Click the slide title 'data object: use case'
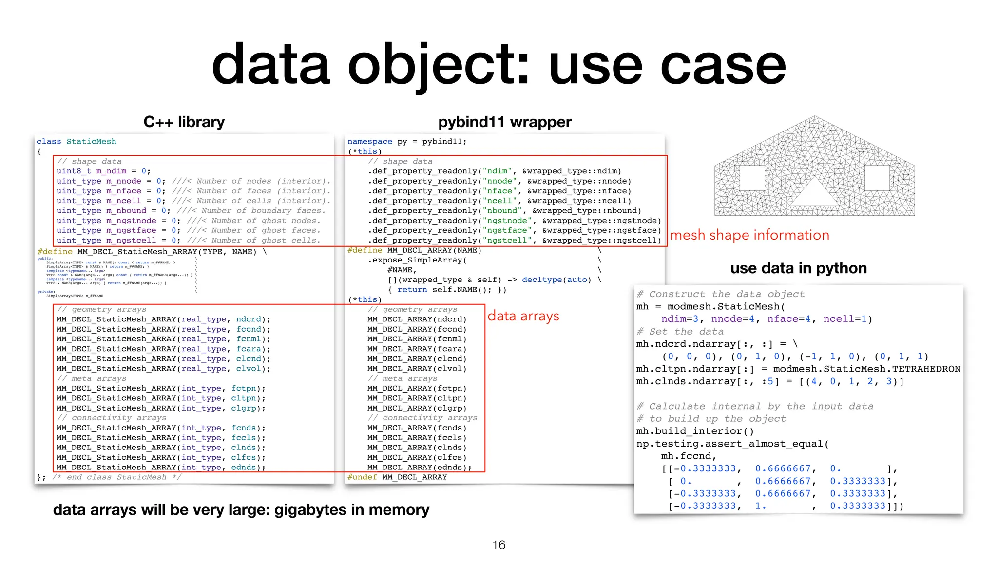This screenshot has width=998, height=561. [499, 66]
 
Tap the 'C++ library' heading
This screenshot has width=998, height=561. [184, 122]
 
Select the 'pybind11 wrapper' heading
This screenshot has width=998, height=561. [504, 122]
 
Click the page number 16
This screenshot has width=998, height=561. [499, 545]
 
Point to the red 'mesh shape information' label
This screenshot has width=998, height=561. [749, 235]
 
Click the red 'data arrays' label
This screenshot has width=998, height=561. [523, 316]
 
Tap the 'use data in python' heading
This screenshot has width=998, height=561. [798, 268]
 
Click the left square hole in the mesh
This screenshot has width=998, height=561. [752, 178]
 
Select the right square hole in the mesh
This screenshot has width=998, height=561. [877, 178]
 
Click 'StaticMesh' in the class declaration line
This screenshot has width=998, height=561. [91, 142]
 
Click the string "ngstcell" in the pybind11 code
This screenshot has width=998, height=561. [507, 241]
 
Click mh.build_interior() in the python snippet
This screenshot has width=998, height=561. [695, 431]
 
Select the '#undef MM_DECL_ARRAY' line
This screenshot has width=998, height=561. [397, 477]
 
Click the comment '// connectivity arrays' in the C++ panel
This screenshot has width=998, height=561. [112, 418]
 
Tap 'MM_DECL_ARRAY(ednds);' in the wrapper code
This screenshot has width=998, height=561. [419, 467]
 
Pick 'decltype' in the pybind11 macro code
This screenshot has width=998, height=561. [542, 280]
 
